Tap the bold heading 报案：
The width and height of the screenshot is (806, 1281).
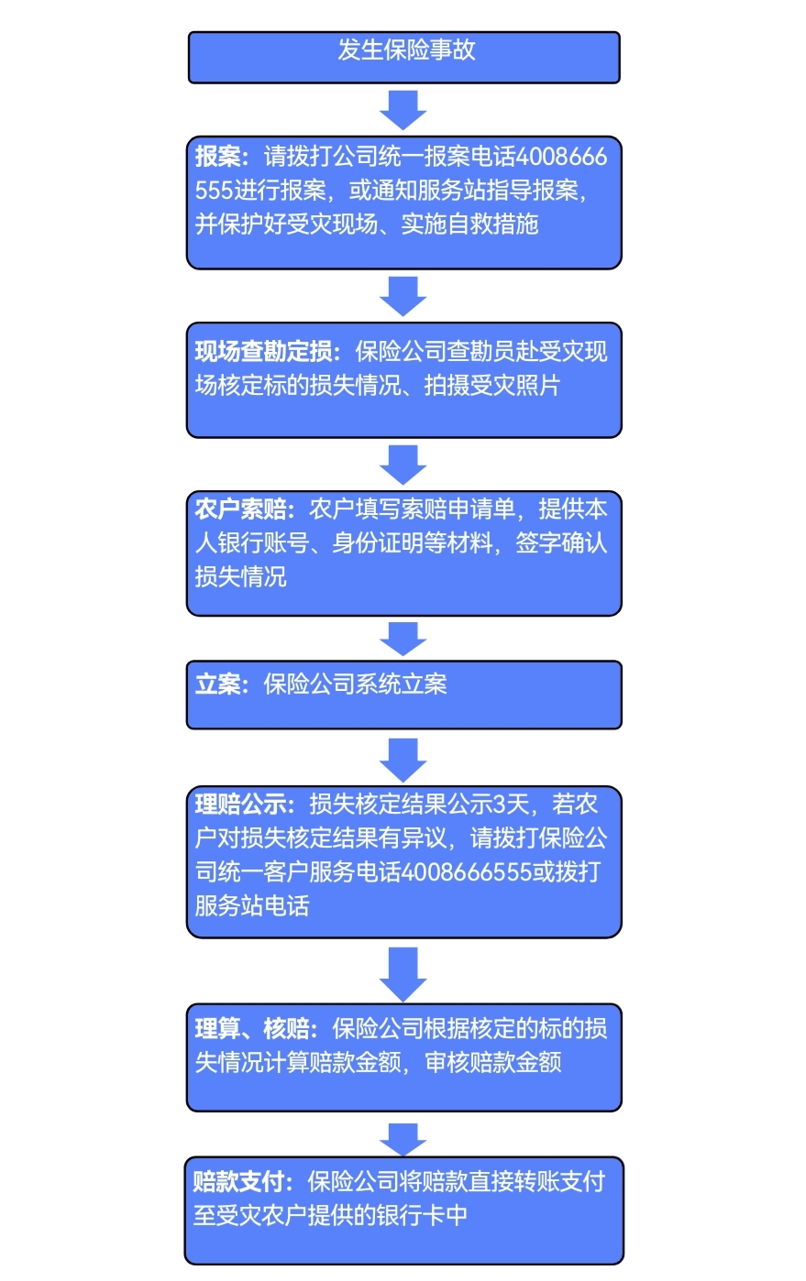220,157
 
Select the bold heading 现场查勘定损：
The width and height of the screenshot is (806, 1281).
266,352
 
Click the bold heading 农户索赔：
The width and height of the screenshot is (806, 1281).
243,509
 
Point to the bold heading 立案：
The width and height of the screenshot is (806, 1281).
220,684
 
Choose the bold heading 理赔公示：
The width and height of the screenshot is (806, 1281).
243,805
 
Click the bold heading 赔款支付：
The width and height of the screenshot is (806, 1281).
242,1181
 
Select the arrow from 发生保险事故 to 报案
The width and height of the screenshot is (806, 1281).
403,110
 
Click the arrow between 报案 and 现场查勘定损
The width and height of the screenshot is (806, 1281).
403,296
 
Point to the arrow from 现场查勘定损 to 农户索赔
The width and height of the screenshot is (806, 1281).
403,465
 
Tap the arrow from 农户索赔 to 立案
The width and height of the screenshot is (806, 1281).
403,639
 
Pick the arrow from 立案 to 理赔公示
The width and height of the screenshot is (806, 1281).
403,759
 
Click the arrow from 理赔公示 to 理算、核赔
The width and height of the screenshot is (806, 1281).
403,973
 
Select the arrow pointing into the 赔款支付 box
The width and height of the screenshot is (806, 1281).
403,1139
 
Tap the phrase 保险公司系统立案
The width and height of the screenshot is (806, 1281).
355,684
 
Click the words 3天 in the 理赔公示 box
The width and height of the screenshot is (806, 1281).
512,805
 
